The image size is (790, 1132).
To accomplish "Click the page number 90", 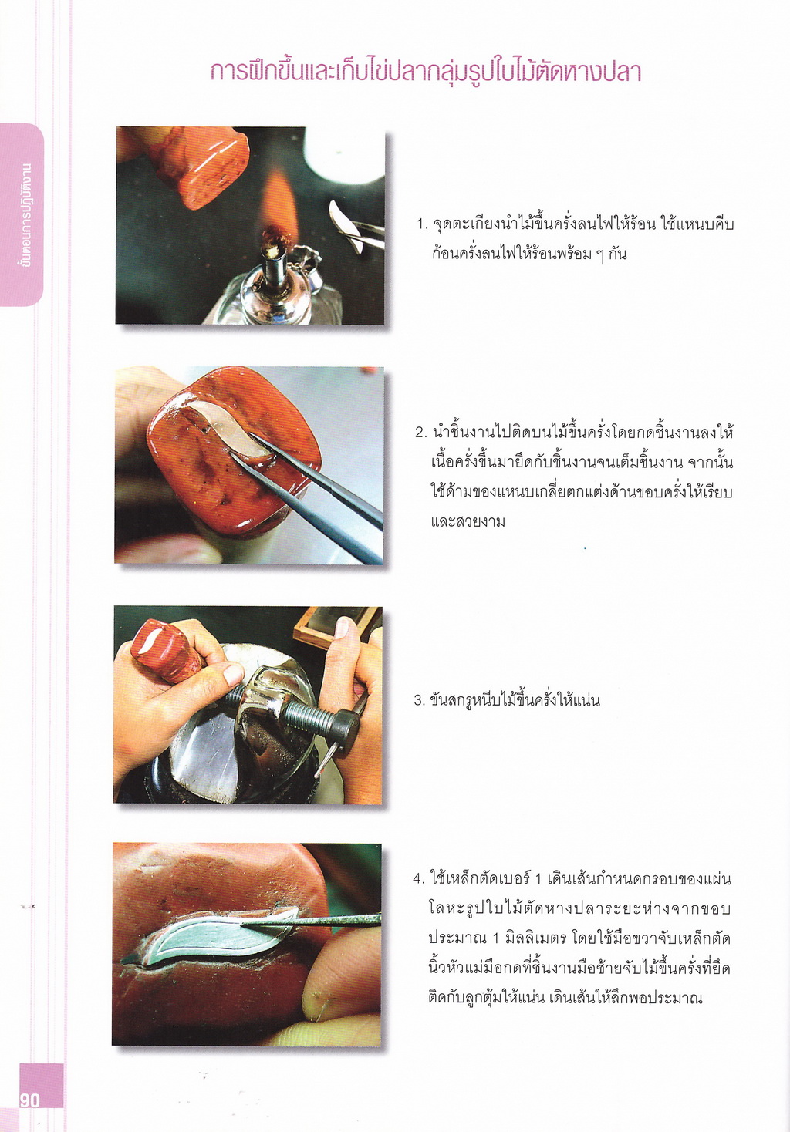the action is (x=29, y=1100).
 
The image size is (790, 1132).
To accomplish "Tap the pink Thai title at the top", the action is (x=426, y=72).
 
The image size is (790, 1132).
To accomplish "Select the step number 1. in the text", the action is (x=422, y=224).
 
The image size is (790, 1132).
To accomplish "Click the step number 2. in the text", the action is (x=421, y=433).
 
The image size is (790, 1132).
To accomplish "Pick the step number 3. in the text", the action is (x=420, y=701).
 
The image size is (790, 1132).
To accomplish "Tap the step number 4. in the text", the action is (x=420, y=879).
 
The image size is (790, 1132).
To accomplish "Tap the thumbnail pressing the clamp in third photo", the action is (x=234, y=675).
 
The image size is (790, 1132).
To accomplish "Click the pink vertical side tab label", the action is (x=23, y=214).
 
